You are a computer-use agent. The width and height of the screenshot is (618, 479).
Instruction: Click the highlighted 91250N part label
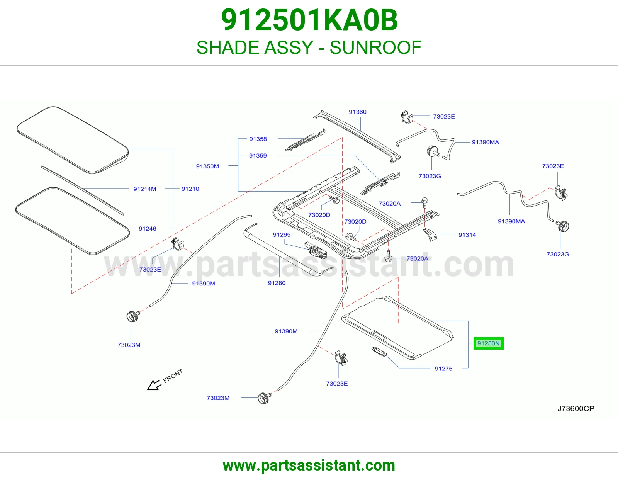pos(488,343)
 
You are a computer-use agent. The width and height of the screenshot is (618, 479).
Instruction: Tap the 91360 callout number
pos(358,112)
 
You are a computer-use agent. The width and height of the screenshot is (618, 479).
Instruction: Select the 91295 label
pos(282,234)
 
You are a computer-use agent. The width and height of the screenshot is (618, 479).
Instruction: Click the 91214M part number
pos(145,189)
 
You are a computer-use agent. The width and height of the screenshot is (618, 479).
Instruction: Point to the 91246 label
pos(147,228)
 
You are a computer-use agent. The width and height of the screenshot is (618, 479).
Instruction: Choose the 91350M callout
pos(207,166)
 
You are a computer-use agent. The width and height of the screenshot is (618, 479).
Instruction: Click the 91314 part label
pos(467,234)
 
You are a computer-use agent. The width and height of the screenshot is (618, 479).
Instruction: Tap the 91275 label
pos(443,369)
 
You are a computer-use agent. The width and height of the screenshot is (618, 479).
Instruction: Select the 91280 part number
pos(277,283)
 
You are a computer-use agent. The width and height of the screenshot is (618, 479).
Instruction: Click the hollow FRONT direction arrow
pos(154,385)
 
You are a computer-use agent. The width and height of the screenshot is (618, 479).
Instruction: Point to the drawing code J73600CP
pos(576,408)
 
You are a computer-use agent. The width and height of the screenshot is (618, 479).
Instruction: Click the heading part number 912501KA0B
pos(309,20)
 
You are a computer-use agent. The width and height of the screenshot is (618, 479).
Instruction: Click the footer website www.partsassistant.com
pos(309,465)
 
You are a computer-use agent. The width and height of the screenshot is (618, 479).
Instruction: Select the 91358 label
pos(258,139)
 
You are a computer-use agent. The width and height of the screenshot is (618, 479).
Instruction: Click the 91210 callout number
pos(190,189)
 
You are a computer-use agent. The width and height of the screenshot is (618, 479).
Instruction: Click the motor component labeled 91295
pos(316,250)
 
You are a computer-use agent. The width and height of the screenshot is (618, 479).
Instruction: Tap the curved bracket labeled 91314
pos(430,235)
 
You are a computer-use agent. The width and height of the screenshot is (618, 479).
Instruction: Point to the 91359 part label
pos(258,156)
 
